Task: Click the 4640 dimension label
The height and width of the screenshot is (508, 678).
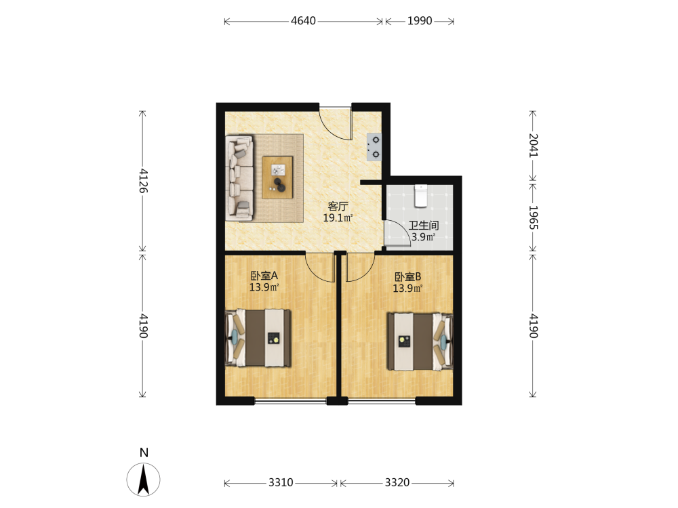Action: click(303, 21)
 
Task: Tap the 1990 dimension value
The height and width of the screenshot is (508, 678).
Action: click(420, 21)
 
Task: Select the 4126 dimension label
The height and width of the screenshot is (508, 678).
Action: click(144, 181)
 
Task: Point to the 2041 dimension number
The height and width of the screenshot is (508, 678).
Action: click(534, 146)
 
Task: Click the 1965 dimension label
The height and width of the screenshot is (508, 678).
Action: click(534, 217)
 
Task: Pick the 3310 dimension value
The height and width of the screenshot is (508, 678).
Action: click(281, 482)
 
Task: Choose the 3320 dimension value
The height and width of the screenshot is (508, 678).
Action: click(397, 482)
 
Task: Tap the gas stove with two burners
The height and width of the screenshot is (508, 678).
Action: click(374, 147)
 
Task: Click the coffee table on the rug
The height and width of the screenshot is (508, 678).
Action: click(277, 177)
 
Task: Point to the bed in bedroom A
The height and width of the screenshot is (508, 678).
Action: click(258, 338)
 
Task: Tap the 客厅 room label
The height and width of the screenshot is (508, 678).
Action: click(338, 206)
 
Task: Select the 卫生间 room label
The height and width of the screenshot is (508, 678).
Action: click(424, 226)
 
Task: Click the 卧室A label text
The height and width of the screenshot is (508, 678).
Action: click(264, 276)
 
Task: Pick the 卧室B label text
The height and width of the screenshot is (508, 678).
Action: click(407, 277)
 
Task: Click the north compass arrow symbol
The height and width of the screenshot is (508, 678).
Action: click(144, 480)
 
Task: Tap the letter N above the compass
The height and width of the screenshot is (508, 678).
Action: click(144, 452)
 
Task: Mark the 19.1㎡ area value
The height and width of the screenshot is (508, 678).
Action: click(338, 217)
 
